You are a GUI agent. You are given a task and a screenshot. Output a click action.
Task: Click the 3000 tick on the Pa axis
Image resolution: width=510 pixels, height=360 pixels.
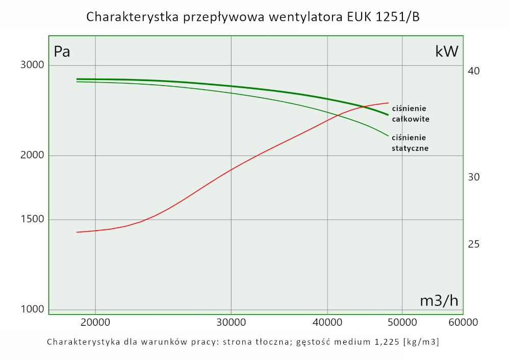(32, 65)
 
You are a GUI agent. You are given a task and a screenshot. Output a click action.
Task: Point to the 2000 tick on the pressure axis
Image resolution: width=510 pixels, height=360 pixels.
(32, 156)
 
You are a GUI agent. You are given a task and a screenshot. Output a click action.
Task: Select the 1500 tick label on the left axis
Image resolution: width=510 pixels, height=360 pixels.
(32, 220)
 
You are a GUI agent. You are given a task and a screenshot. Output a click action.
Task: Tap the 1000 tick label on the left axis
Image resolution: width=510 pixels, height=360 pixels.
(32, 310)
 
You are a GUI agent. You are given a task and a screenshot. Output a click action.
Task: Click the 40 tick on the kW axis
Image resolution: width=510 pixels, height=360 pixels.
(473, 70)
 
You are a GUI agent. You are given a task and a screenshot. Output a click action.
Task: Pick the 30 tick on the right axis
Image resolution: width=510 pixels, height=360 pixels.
(473, 177)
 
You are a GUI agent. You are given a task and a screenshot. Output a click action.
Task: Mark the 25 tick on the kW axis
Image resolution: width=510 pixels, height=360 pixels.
(473, 244)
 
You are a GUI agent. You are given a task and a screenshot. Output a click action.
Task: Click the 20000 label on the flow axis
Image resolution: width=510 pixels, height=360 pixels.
(95, 322)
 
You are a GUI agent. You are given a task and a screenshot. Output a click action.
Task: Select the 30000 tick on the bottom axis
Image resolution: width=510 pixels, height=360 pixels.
(231, 322)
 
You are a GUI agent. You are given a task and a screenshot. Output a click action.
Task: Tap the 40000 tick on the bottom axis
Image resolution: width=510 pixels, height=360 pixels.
(327, 322)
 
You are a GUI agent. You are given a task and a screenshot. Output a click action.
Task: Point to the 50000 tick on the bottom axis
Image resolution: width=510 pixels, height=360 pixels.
(402, 322)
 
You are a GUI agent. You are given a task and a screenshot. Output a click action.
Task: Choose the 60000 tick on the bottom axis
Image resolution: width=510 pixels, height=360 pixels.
(463, 322)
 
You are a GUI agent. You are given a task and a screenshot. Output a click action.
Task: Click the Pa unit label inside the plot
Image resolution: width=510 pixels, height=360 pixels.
(62, 52)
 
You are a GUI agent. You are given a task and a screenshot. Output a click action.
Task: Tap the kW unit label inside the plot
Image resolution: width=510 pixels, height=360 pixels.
(447, 52)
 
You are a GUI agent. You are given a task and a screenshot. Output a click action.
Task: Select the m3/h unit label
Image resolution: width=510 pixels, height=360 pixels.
(439, 301)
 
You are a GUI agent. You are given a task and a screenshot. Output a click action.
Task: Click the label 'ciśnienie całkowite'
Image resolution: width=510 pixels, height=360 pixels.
(410, 114)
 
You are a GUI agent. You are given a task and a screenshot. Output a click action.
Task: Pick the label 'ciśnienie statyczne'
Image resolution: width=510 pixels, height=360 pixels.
(410, 143)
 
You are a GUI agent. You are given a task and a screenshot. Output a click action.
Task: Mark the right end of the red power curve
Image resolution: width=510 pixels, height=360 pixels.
(389, 102)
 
